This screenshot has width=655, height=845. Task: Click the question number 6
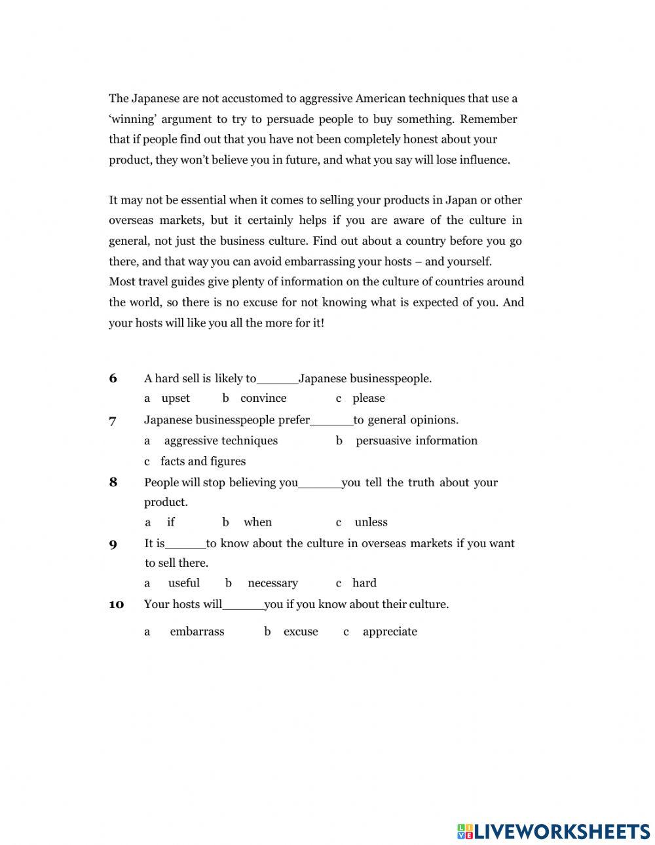(113, 378)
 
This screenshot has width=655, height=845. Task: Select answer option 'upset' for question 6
(176, 398)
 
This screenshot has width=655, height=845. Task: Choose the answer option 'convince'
(263, 398)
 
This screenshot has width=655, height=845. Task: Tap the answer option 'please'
(369, 398)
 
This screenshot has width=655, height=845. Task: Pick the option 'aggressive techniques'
(221, 440)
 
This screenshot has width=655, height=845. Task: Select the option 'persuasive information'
(417, 440)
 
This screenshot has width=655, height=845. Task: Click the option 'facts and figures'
(203, 461)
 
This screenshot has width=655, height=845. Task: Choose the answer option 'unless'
(371, 522)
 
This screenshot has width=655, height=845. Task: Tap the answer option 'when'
(257, 522)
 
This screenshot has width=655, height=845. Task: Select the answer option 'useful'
(184, 583)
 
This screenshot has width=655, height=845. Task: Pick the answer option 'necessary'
(272, 583)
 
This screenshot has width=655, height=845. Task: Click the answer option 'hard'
(364, 583)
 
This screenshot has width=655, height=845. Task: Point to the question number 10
(116, 604)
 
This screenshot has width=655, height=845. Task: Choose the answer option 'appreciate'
(390, 632)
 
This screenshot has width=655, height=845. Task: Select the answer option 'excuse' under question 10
(301, 632)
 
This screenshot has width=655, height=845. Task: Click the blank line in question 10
(243, 607)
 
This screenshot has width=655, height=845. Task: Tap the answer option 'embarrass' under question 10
(196, 632)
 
